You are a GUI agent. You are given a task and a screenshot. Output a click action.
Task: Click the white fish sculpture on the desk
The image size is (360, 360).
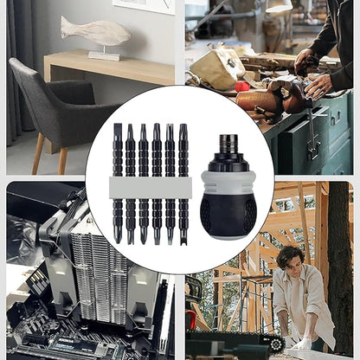tap(94, 33)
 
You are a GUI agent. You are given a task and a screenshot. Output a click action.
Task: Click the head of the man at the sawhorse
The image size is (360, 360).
tap(291, 259)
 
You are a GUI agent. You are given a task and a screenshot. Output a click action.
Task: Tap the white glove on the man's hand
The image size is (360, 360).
tap(303, 344)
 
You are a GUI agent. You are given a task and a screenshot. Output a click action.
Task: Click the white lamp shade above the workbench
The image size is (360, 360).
tap(279, 6)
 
